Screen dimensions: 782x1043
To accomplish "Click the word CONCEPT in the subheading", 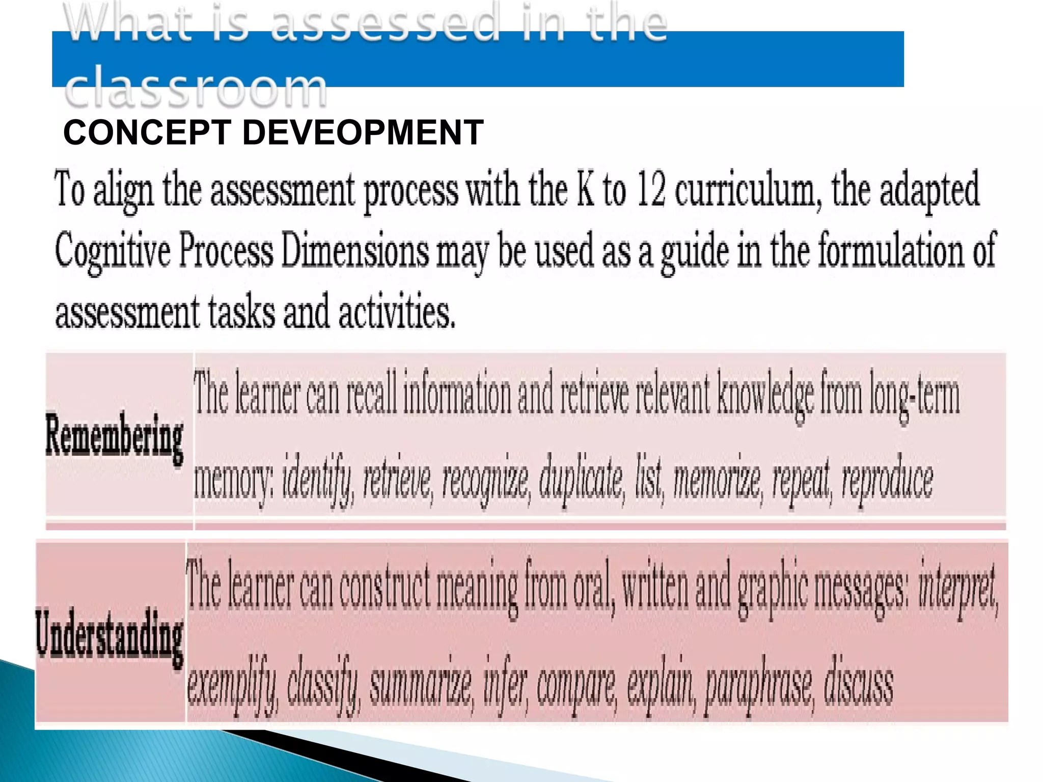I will pos(147,132).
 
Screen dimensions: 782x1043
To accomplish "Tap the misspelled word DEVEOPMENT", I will pos(363,132).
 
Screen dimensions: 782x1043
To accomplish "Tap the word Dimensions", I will pos(354,250).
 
